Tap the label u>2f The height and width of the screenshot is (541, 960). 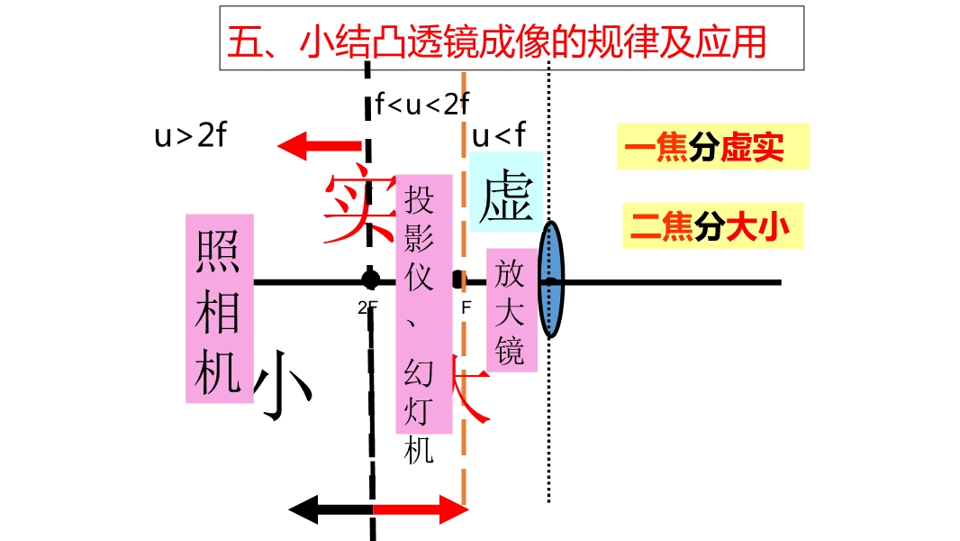pyautogui.click(x=189, y=137)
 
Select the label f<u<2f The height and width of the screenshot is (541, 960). pyautogui.click(x=423, y=105)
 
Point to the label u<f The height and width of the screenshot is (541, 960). pyautogui.click(x=498, y=136)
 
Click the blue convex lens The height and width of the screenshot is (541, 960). pyautogui.click(x=552, y=281)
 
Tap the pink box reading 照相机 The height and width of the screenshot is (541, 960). pyautogui.click(x=219, y=308)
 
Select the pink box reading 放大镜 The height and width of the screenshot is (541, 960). pyautogui.click(x=511, y=310)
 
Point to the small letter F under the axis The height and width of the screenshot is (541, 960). pyautogui.click(x=466, y=307)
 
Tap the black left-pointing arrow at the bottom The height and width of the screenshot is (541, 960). pyautogui.click(x=330, y=510)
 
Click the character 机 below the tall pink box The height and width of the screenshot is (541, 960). pyautogui.click(x=420, y=450)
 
